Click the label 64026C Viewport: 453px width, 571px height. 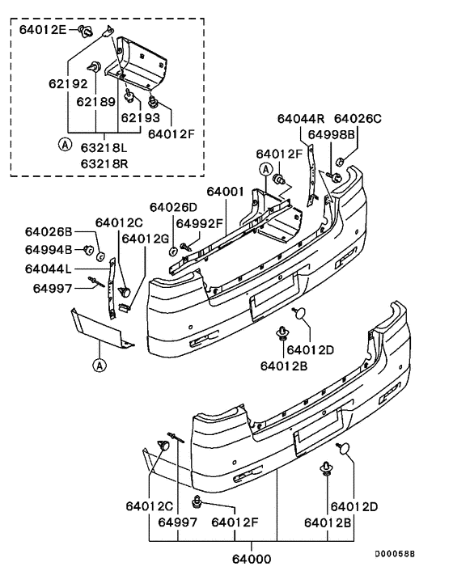click(x=357, y=118)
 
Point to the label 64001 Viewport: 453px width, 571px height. click(x=226, y=192)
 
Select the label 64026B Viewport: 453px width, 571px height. click(x=49, y=233)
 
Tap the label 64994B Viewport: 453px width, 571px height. click(x=49, y=248)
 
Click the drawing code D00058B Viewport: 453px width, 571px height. click(x=394, y=554)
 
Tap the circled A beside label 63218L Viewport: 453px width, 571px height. click(x=62, y=146)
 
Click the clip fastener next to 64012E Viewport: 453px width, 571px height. click(x=83, y=32)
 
